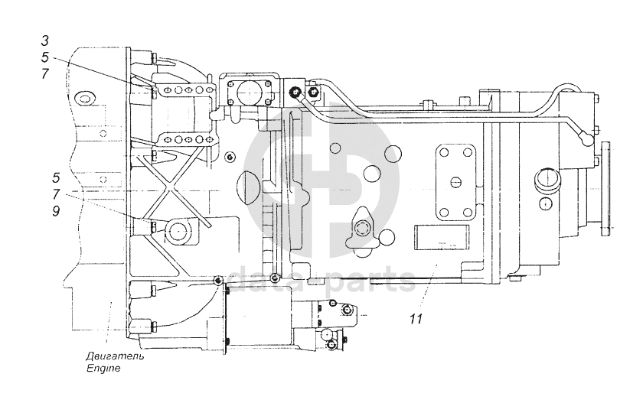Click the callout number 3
point(45,41)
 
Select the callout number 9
point(56,211)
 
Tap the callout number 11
point(416,318)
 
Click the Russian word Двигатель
point(115,356)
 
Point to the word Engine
point(103,368)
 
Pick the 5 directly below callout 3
point(45,57)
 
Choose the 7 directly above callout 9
point(56,194)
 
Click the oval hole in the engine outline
point(85,99)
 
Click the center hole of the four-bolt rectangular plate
point(455,180)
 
